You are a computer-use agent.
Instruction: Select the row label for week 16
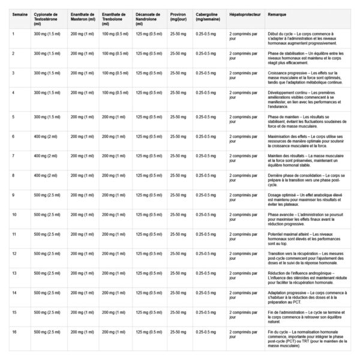(x=13, y=331)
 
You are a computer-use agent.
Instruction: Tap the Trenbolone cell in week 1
(x=115, y=34)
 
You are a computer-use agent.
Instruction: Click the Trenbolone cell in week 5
(x=113, y=116)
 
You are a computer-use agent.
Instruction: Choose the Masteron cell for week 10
(x=82, y=214)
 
